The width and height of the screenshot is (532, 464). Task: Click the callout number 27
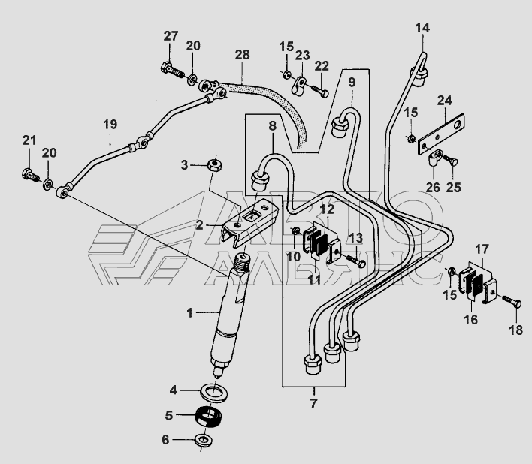point(171,36)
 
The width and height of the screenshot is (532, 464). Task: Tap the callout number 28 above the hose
point(242,55)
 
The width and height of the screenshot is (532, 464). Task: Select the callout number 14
point(422,28)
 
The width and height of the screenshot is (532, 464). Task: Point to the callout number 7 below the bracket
point(313,403)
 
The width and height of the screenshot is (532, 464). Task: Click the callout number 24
point(445,101)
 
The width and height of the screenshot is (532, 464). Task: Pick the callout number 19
point(110,125)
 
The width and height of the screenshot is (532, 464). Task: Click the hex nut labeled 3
point(214,166)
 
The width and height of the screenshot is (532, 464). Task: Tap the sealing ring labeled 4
point(214,393)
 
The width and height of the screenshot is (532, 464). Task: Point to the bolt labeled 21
point(30,175)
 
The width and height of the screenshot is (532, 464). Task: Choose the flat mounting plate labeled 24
point(441,134)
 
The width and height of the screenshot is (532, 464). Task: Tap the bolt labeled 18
point(512,301)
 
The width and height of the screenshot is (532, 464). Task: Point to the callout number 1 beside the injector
point(189,313)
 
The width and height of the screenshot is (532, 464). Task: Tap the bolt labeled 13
point(355,261)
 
